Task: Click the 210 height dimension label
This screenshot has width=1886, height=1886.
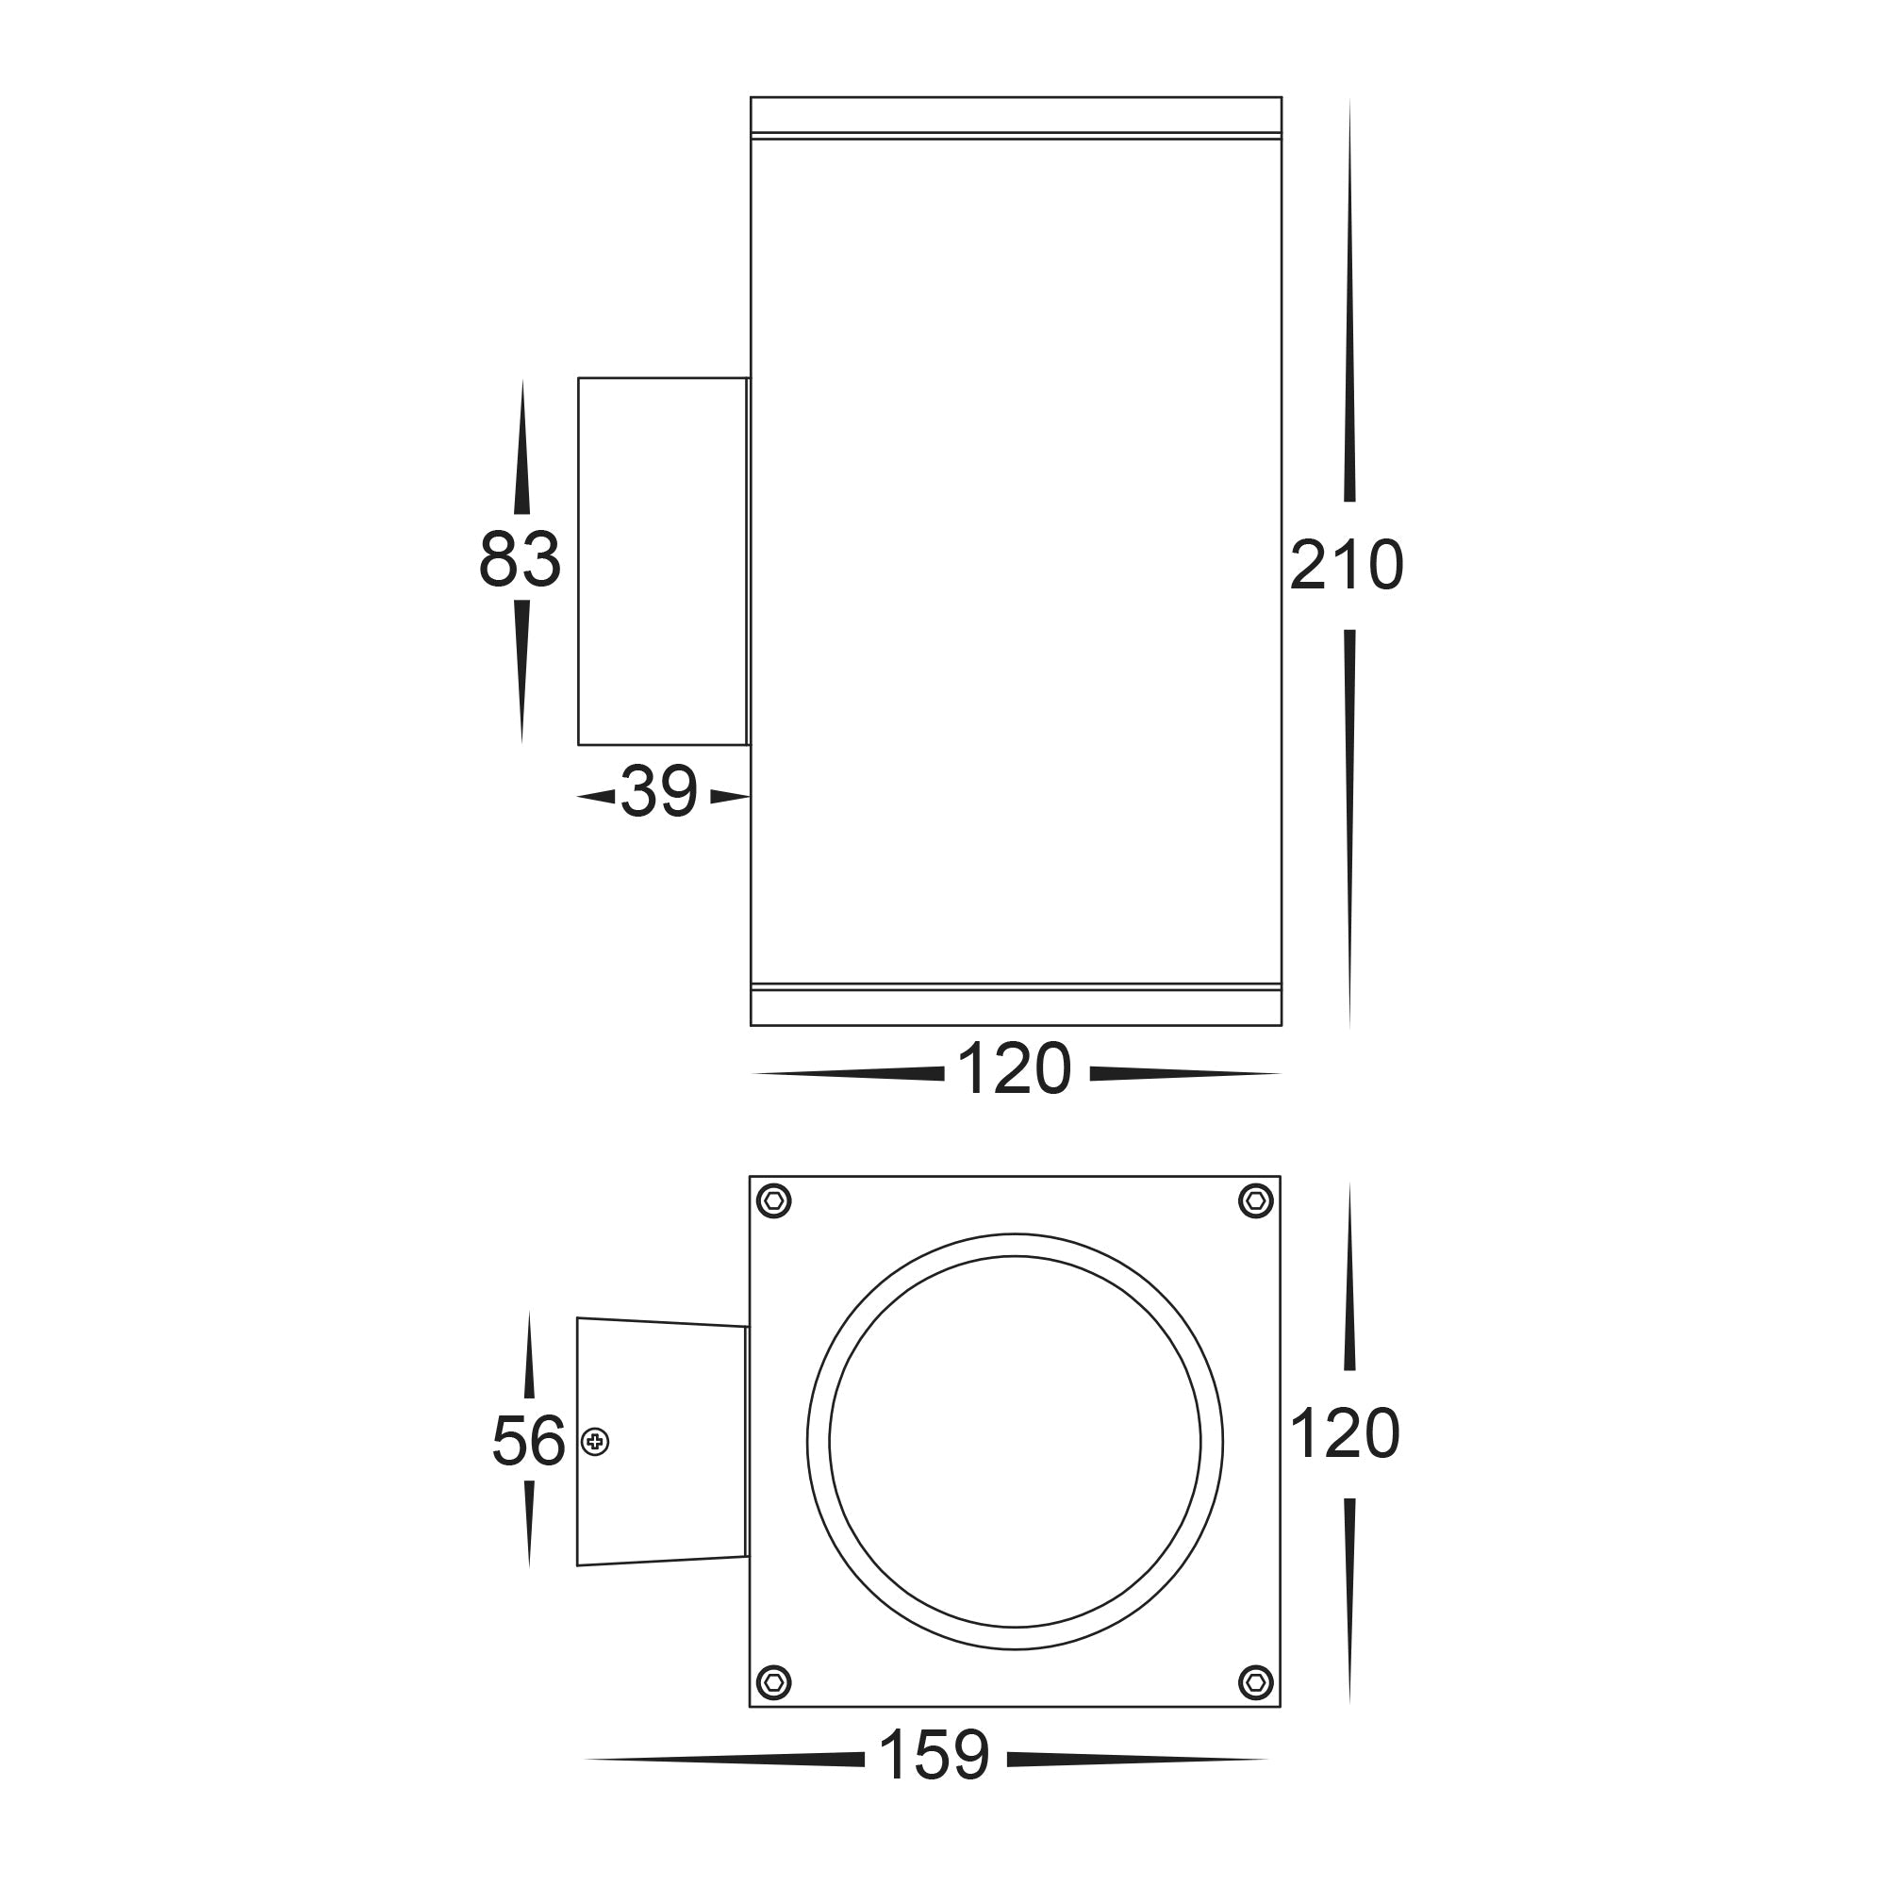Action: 1347,565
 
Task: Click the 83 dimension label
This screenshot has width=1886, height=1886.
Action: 520,559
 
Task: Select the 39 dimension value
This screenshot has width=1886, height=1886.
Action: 660,792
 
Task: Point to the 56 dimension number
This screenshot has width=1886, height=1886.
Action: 528,1441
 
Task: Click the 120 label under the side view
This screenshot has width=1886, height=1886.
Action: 1015,1070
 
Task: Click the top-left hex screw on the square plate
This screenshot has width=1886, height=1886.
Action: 773,1200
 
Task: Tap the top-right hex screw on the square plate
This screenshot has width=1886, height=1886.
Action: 1255,1200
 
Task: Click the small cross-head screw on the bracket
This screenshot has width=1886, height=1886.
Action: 594,1442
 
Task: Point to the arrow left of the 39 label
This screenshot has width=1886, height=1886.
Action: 597,797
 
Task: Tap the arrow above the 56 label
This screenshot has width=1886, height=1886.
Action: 529,1357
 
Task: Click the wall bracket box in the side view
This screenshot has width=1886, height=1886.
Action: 662,561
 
